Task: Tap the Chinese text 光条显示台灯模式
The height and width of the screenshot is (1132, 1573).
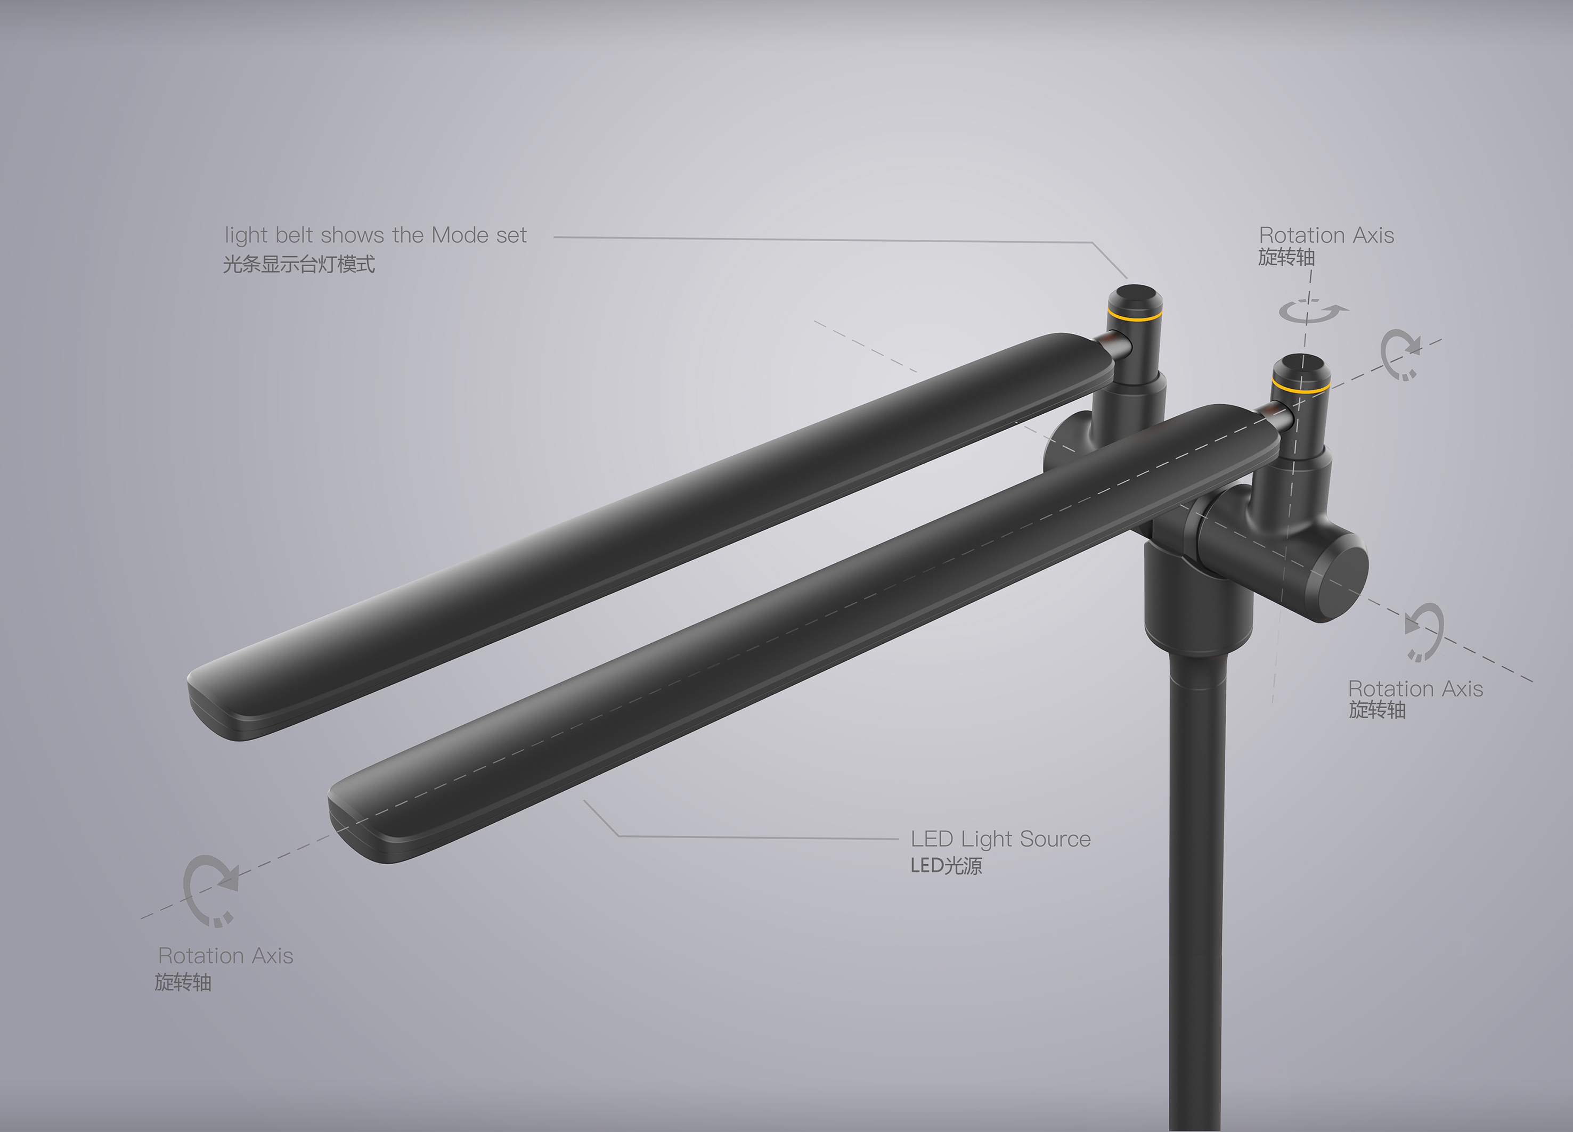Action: (x=299, y=264)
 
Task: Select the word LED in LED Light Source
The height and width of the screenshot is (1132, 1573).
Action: (x=932, y=840)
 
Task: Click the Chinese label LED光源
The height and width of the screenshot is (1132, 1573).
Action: (x=946, y=866)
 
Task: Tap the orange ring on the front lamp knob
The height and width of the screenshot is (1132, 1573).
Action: (x=1300, y=387)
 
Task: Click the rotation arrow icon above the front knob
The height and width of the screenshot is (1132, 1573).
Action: (x=1311, y=312)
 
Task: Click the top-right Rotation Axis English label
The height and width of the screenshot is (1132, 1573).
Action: (x=1326, y=236)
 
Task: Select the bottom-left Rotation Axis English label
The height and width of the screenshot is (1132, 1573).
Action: (x=225, y=956)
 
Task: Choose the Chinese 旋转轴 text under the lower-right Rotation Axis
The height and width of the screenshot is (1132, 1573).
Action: (x=1377, y=710)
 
